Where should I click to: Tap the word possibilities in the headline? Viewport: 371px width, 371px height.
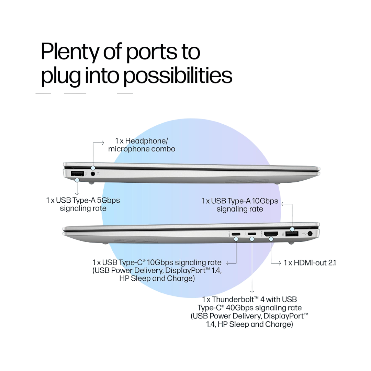[x=178, y=76]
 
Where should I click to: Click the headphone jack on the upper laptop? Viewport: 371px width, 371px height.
[x=93, y=174]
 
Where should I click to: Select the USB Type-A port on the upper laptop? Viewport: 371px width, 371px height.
[x=77, y=174]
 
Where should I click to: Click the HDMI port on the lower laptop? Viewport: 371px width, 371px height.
[x=271, y=234]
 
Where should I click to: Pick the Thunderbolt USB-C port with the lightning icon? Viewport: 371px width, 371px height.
[x=252, y=234]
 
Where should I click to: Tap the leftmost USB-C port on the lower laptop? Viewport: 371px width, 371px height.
[x=236, y=234]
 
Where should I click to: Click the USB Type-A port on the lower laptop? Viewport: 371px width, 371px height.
[x=292, y=234]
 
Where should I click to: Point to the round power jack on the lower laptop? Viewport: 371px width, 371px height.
[x=310, y=234]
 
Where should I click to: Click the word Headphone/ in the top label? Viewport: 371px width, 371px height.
[x=146, y=141]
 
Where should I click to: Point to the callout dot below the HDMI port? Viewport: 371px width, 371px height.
[x=271, y=239]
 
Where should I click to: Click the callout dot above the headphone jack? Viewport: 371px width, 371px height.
[x=93, y=168]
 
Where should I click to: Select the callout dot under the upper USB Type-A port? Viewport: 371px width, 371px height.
[x=77, y=180]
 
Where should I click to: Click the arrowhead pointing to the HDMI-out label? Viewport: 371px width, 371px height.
[x=279, y=263]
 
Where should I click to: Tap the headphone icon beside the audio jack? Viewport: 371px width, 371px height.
[x=98, y=174]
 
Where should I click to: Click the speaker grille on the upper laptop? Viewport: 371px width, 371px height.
[x=247, y=181]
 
